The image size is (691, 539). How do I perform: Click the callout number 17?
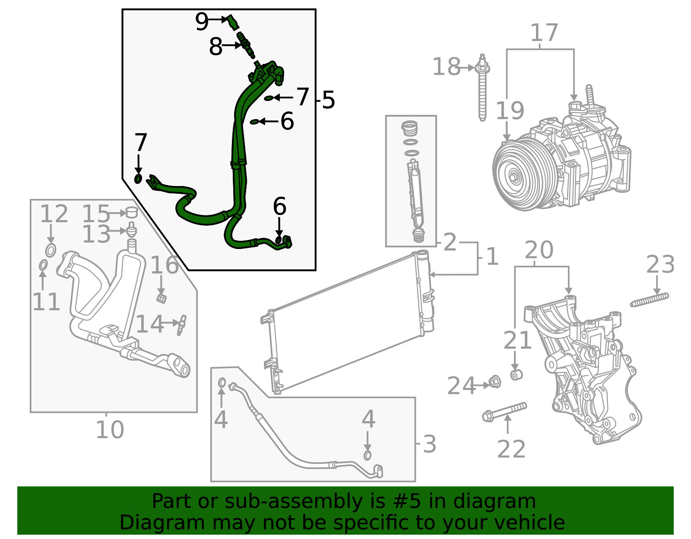[x=545, y=32]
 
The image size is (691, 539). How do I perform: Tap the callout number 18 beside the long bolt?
[x=447, y=67]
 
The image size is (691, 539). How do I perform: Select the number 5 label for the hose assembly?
[x=329, y=100]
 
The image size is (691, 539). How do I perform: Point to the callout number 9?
[x=202, y=21]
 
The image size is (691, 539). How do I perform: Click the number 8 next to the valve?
[x=216, y=46]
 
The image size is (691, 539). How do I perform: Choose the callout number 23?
[x=660, y=264]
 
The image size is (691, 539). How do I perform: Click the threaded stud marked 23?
[x=650, y=300]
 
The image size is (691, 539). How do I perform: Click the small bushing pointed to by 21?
[x=517, y=375]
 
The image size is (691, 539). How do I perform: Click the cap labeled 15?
[x=132, y=212]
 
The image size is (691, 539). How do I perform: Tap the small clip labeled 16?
[x=162, y=298]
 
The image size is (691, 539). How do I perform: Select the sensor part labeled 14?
[x=182, y=325]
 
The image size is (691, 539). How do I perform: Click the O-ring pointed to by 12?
[x=51, y=250]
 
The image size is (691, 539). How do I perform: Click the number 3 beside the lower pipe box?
[x=430, y=444]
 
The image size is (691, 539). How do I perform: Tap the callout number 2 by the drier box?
[x=450, y=242]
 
